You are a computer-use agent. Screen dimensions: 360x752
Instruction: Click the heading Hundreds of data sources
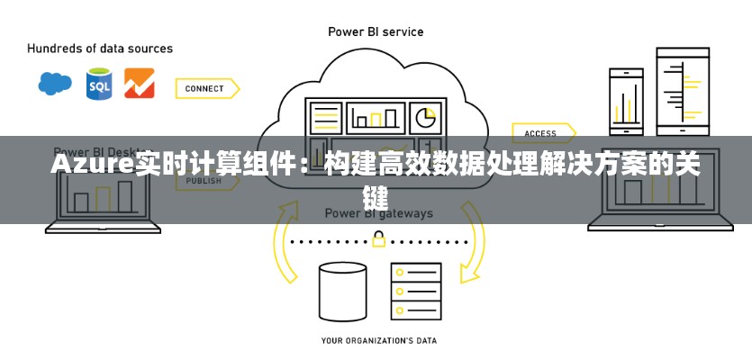100,48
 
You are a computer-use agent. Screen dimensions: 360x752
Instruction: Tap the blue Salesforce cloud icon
55,84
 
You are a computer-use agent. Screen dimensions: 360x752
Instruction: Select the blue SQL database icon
98,84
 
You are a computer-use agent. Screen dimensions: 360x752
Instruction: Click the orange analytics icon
139,84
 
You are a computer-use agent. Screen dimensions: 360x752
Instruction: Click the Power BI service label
375,31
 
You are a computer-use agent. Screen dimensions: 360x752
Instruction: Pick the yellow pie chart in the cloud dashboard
423,117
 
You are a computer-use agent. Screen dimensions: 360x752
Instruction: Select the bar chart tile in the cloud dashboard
376,117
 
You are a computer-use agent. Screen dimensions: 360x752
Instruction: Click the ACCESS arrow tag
542,133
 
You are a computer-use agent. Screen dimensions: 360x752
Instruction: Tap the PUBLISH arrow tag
205,181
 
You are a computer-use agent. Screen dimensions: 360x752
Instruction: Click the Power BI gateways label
378,214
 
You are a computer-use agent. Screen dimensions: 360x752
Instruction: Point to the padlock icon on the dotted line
378,239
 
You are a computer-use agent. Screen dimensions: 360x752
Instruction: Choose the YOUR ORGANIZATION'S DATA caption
378,341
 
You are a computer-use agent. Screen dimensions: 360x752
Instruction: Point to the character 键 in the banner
376,194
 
